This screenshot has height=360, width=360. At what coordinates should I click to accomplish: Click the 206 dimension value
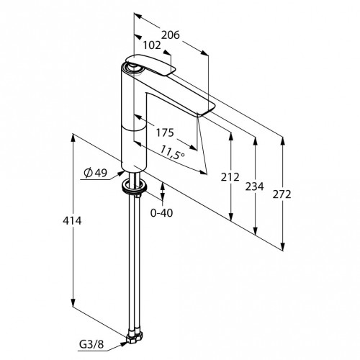pos(170,35)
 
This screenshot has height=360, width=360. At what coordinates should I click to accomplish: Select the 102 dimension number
pos(152,45)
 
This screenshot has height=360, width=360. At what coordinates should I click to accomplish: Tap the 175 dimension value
pos(165,132)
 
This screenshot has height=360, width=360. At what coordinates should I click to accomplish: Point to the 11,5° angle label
pos(172,153)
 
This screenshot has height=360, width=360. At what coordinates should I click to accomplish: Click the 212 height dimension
pos(230,177)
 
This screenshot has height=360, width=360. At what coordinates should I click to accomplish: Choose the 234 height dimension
pos(254,186)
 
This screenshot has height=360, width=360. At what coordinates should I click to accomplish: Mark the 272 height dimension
pos(282,194)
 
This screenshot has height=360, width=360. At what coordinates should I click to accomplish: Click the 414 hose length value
pos(72,220)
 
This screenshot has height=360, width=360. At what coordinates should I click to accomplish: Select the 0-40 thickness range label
pos(161,212)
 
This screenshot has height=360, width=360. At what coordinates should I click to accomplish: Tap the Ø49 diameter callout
pos(96,173)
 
